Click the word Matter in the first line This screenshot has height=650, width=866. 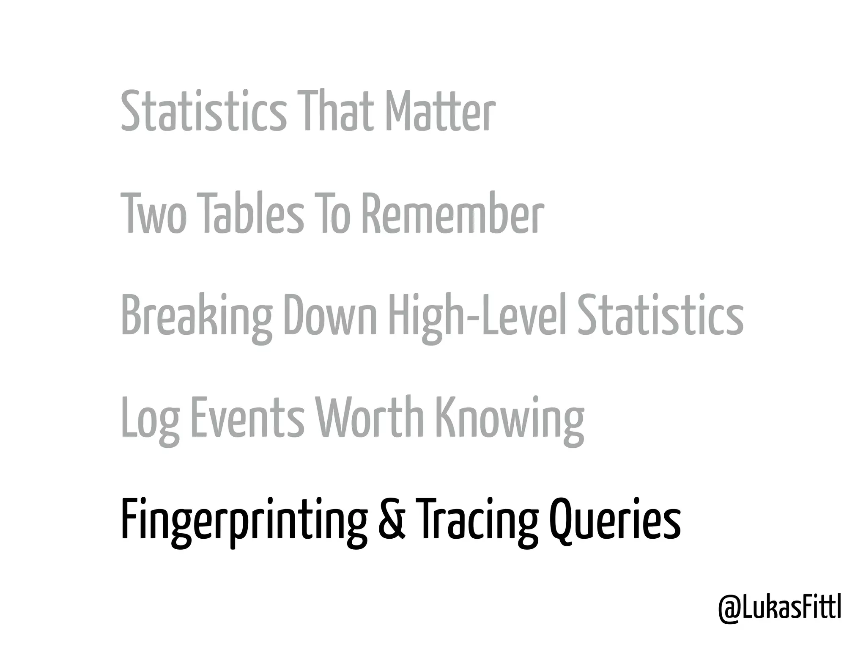click(440, 111)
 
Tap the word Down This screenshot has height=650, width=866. click(330, 315)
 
